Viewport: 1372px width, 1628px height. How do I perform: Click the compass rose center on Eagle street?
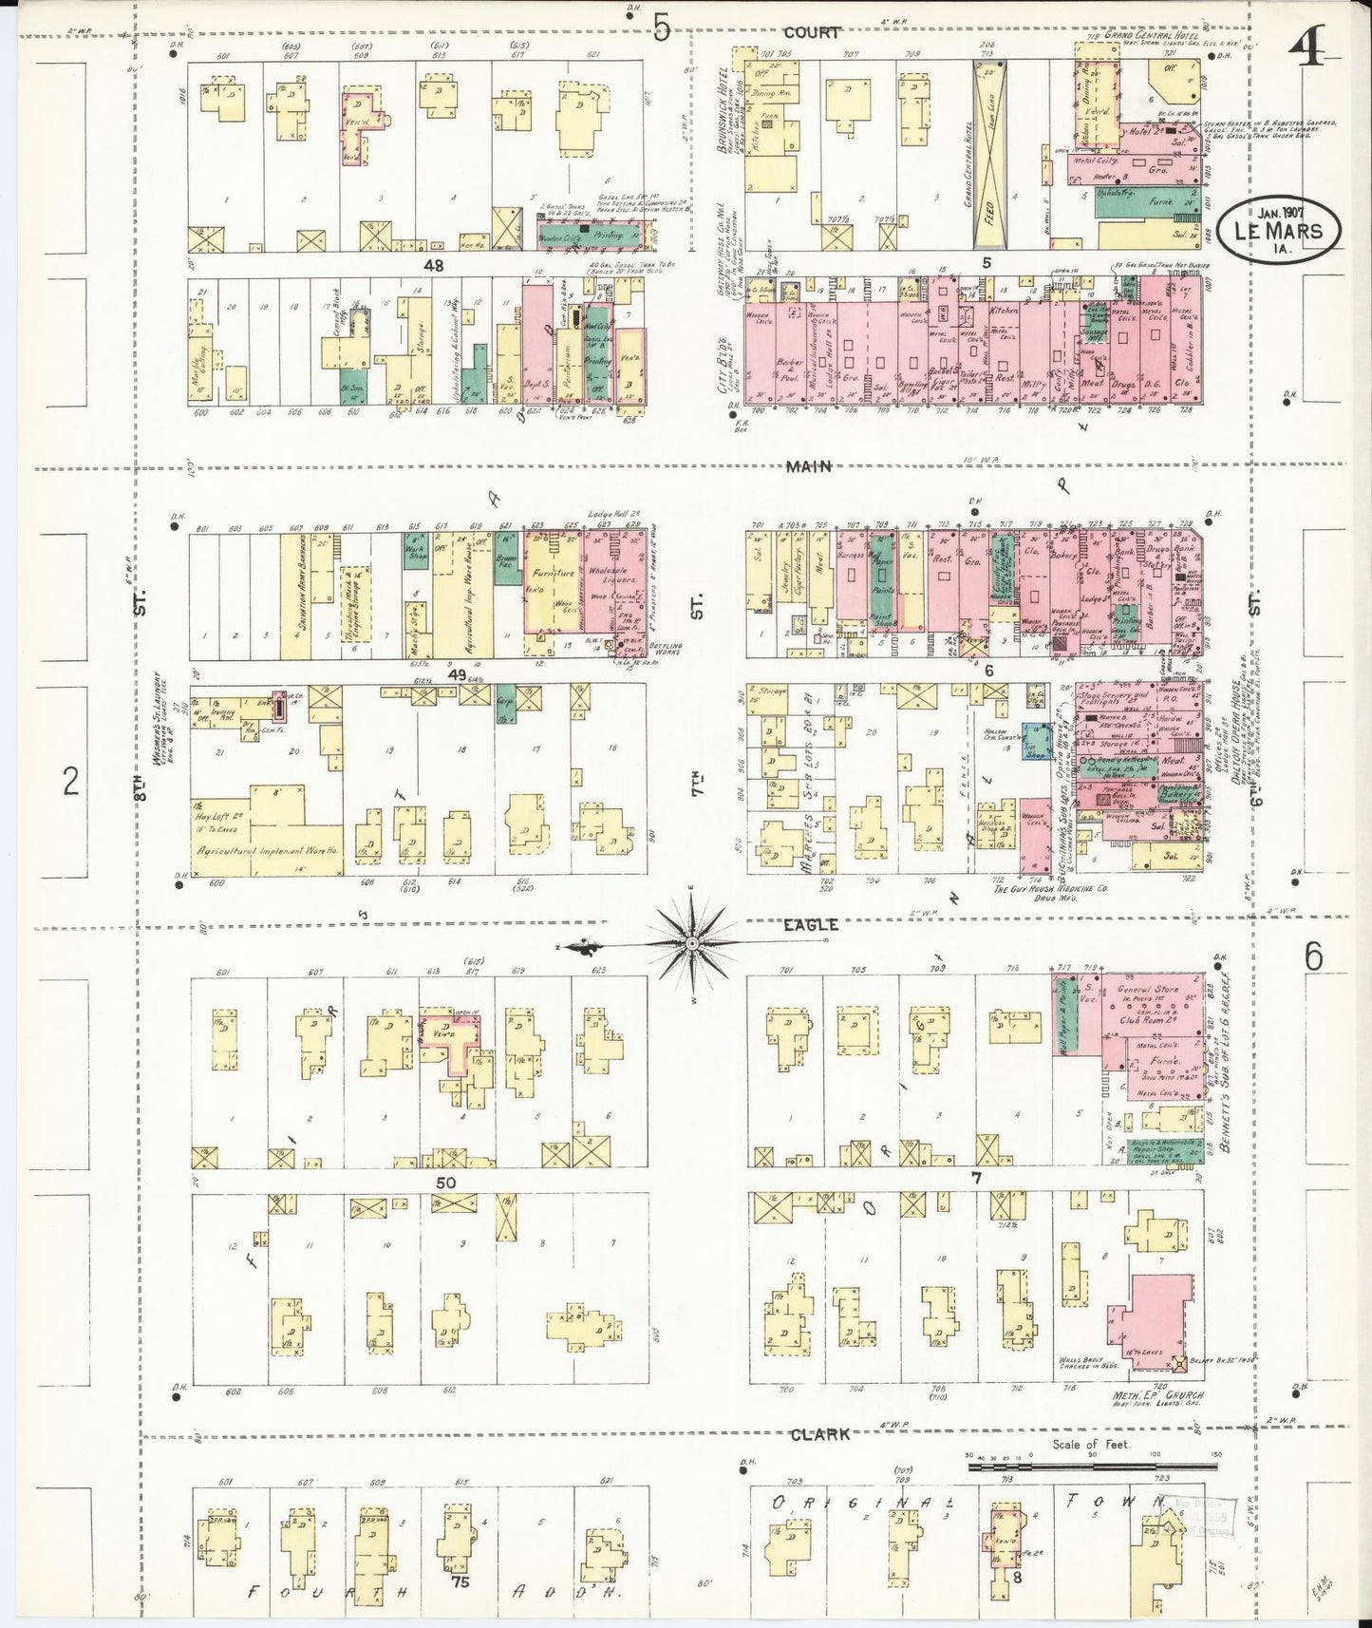pos(692,943)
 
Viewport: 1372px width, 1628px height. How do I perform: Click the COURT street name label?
pos(812,32)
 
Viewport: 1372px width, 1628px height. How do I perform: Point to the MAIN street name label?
pos(808,466)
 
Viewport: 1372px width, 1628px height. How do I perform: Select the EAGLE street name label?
pos(811,924)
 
